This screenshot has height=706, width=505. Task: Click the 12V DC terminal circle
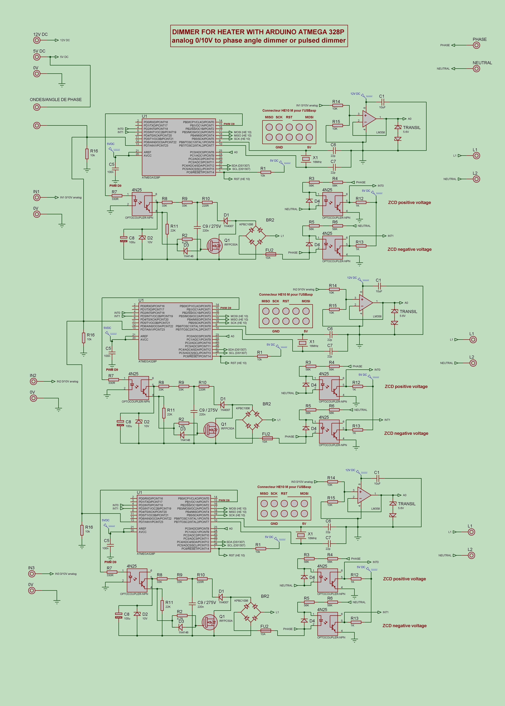37,40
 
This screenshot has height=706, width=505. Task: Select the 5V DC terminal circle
37,57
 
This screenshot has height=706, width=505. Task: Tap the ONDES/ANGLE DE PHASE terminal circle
37,107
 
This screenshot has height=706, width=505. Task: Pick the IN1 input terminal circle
37,197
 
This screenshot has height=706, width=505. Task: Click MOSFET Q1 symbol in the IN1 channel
215,245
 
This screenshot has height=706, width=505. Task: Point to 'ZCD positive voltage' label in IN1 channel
409,203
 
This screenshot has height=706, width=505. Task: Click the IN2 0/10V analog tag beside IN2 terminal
67,381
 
